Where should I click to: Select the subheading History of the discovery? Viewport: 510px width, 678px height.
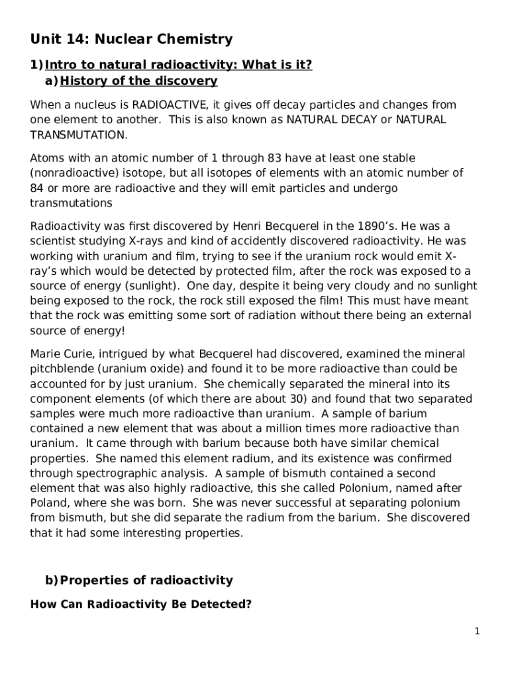tap(138, 81)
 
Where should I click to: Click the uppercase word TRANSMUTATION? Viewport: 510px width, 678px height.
tap(77, 135)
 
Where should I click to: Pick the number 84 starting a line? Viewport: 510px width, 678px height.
tap(38, 188)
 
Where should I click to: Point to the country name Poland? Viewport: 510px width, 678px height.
tap(48, 503)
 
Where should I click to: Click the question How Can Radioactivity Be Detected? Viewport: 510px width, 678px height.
tap(141, 605)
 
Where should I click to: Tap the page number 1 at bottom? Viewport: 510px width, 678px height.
tap(476, 632)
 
